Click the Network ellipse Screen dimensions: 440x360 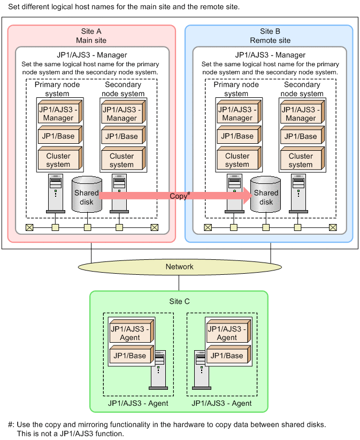point(180,266)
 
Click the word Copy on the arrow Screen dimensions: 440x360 point(179,196)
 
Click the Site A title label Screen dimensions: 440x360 point(91,32)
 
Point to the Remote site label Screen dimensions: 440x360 point(270,40)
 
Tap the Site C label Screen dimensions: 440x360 point(179,302)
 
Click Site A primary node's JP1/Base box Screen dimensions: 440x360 point(58,136)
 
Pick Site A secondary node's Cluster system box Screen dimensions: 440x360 point(121,160)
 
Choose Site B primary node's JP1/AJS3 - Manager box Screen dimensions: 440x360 point(237,114)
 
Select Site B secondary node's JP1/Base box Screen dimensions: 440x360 point(300,136)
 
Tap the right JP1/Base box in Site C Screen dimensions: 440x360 point(226,356)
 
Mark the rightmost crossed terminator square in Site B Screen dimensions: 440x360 point(333,227)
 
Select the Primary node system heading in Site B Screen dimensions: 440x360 point(236,89)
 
